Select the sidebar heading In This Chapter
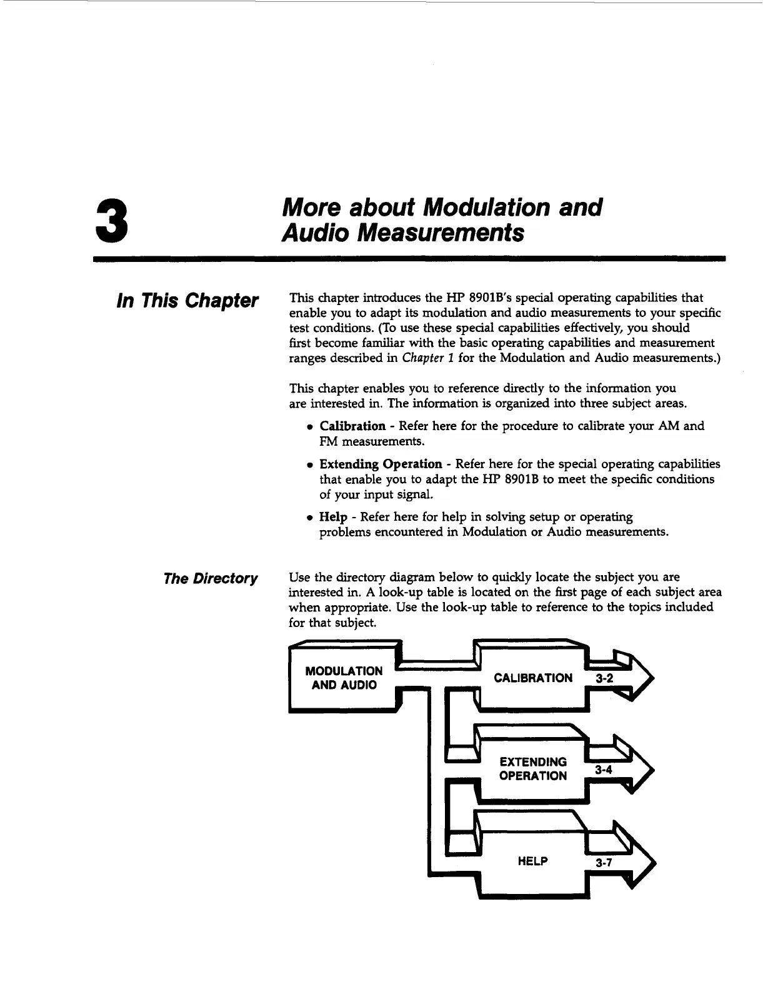(187, 301)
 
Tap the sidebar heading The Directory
(210, 578)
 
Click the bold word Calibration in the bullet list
(352, 426)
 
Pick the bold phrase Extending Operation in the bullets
(381, 464)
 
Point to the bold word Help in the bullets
(333, 518)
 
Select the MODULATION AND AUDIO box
(344, 678)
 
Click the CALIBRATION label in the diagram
(532, 678)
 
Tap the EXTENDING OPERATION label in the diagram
(533, 769)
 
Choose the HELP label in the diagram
(532, 861)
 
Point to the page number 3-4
(603, 770)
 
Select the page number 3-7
(603, 863)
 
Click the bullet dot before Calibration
(309, 427)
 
